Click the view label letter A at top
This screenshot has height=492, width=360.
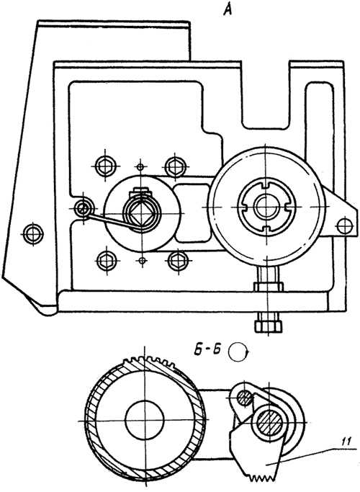228,9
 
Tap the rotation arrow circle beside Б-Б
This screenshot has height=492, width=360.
238,352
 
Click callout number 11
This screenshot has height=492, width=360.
346,443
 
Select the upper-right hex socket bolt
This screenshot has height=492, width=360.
175,166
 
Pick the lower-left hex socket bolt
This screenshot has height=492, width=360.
107,261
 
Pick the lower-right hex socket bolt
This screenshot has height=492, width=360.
178,261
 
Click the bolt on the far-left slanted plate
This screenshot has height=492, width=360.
33,234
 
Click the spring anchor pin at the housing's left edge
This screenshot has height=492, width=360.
83,207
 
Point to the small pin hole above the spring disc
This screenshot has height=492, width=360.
140,166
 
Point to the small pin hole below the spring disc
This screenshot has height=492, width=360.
143,260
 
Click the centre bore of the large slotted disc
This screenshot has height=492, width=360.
266,207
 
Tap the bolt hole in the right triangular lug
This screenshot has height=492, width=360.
344,225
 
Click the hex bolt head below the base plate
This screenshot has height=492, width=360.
268,326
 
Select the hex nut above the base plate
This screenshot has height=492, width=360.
269,287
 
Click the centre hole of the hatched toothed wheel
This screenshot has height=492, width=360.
144,420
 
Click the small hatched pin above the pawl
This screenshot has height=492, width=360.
244,398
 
